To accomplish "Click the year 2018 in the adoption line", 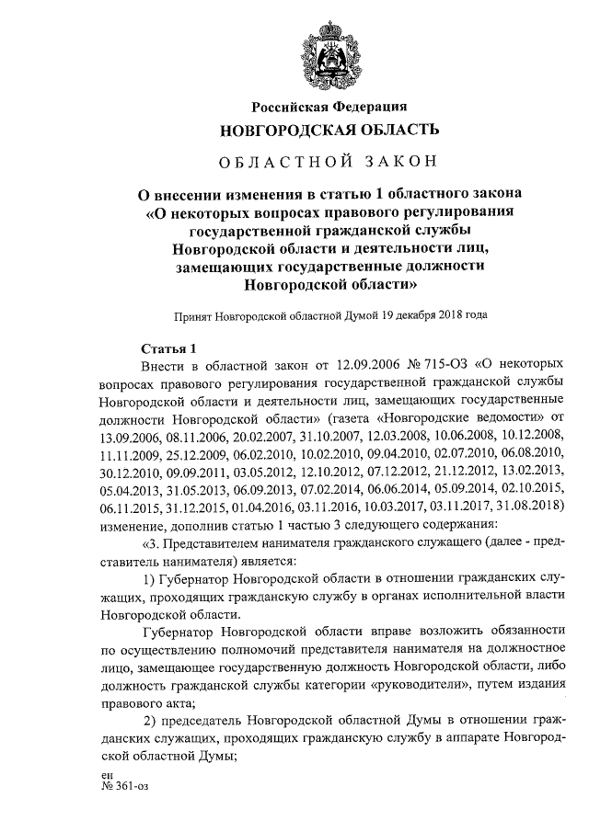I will click(x=430, y=314).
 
